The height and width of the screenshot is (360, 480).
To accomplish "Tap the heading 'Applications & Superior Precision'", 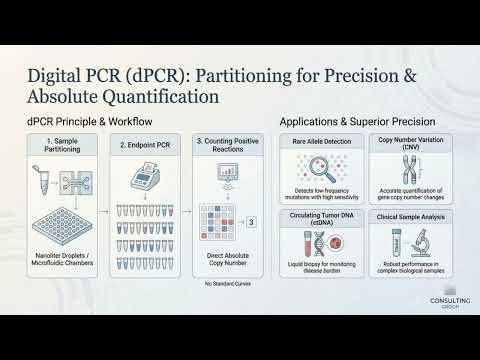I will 349,121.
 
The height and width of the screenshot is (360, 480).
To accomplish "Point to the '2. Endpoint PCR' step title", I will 150,144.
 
